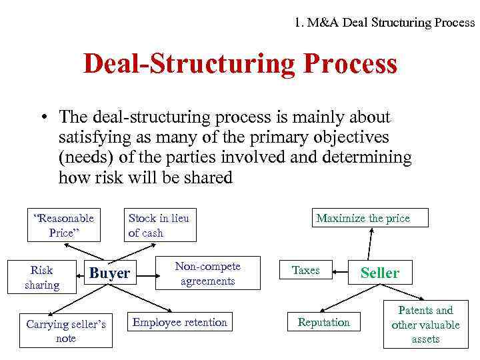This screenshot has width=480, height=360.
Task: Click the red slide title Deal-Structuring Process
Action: coord(240,65)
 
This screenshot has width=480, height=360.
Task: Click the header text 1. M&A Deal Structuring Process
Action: coord(385,22)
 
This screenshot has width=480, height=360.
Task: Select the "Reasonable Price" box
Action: coord(64,225)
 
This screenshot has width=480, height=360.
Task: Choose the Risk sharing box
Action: coord(42,277)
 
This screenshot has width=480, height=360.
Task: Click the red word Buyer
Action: coord(109,273)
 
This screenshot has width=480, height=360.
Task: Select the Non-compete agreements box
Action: coord(207,273)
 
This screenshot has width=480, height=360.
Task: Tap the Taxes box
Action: coord(306,271)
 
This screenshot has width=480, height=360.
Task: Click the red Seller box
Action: coord(380,273)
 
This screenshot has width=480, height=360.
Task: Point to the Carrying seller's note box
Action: coord(65,331)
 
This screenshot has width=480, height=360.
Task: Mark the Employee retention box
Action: coord(180,323)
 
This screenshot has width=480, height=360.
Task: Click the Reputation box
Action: coord(324,323)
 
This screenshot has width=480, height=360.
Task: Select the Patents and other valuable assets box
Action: coord(425,325)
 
